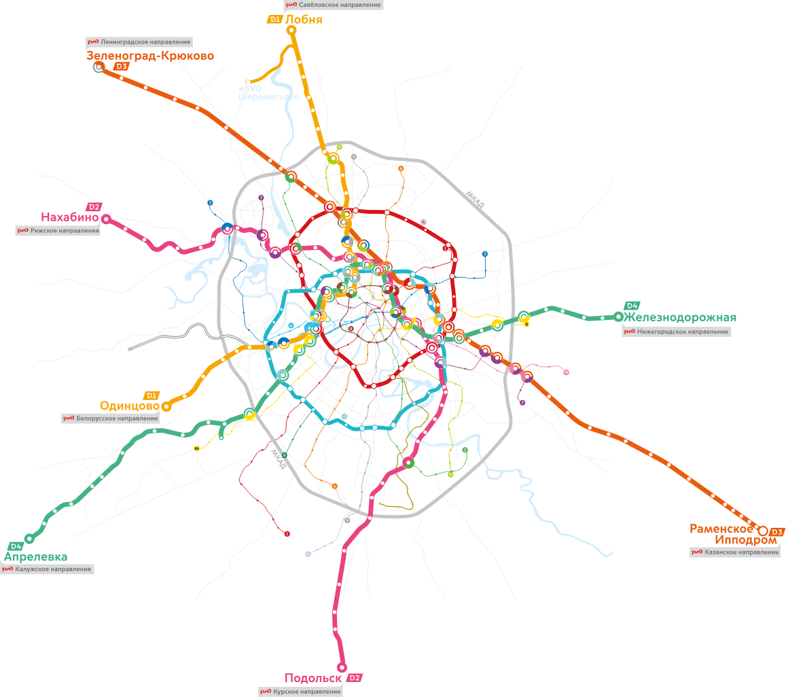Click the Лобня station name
coord(303,20)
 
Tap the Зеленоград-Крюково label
coord(150,56)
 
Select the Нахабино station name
coord(70,217)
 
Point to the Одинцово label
coord(129,406)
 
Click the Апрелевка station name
coord(36,557)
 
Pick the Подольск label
coord(314,678)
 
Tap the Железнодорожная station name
coord(680,317)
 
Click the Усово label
coord(129,355)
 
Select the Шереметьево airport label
coord(268,96)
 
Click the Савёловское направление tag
coord(333,5)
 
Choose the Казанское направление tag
coord(735,552)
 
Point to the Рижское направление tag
coord(58,230)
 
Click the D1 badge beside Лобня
coord(274,20)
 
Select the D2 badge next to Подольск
coord(354,678)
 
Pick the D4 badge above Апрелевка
coord(16,546)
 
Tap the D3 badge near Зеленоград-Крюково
coord(122,67)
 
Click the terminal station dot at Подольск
coord(342,667)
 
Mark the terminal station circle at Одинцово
coord(166,406)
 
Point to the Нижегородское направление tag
coord(677,332)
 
